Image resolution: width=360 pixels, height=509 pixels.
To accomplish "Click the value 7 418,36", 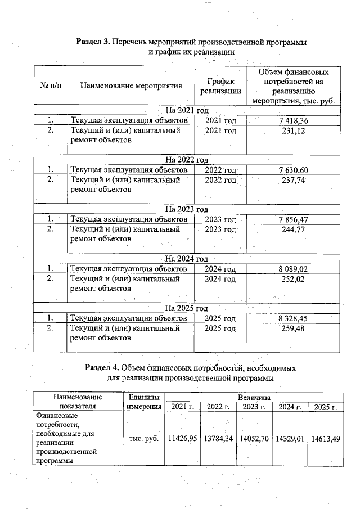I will tap(293, 120).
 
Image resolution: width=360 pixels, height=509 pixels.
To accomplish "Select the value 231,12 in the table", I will tap(293, 130).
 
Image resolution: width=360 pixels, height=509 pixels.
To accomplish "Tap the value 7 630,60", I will tap(293, 170).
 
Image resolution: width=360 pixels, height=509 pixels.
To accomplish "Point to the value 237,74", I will tap(293, 180).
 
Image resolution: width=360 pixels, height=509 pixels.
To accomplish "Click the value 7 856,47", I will tap(293, 219).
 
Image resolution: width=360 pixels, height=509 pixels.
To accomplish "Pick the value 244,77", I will tap(293, 229).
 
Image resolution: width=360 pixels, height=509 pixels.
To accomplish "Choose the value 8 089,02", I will tap(293, 269).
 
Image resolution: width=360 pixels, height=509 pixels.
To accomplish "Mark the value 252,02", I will tap(293, 278).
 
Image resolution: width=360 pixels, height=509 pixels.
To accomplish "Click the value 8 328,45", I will tap(293, 318).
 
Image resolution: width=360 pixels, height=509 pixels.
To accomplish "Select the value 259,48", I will tap(293, 328).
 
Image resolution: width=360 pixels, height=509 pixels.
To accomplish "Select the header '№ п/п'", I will tap(51, 86).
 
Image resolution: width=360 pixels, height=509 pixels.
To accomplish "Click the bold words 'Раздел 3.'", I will tap(93, 42).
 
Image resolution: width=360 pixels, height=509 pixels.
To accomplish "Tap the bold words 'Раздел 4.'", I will tap(102, 367).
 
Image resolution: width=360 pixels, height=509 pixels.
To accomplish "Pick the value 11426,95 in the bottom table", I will tap(182, 438).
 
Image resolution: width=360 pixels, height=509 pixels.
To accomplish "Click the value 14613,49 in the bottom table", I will tap(326, 438).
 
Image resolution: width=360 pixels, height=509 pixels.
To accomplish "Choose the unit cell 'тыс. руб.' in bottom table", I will tap(143, 438).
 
